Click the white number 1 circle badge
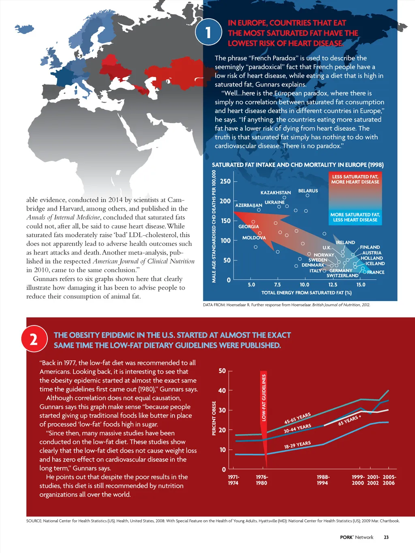pyautogui.click(x=208, y=32)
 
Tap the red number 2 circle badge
pyautogui.click(x=34, y=339)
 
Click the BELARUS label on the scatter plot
pyautogui.click(x=308, y=191)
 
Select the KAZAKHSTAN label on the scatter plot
pyautogui.click(x=276, y=193)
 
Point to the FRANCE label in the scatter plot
pyautogui.click(x=376, y=272)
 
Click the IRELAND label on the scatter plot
pyautogui.click(x=345, y=242)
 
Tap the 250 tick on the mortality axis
pyautogui.click(x=225, y=181)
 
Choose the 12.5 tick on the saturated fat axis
pyautogui.click(x=333, y=285)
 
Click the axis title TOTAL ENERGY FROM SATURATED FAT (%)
pyautogui.click(x=306, y=293)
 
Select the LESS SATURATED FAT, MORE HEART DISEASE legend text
pyautogui.click(x=355, y=179)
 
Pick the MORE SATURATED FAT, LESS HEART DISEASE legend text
pyautogui.click(x=355, y=217)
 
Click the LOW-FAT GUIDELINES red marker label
pyautogui.click(x=264, y=397)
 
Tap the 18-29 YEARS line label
pyautogui.click(x=297, y=445)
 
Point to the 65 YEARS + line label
pyautogui.click(x=349, y=420)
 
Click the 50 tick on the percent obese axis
pyautogui.click(x=222, y=371)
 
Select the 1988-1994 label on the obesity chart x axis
pyautogui.click(x=323, y=480)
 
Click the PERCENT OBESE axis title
pyautogui.click(x=214, y=418)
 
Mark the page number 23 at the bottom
pyautogui.click(x=386, y=537)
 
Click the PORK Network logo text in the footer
pyautogui.click(x=357, y=537)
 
